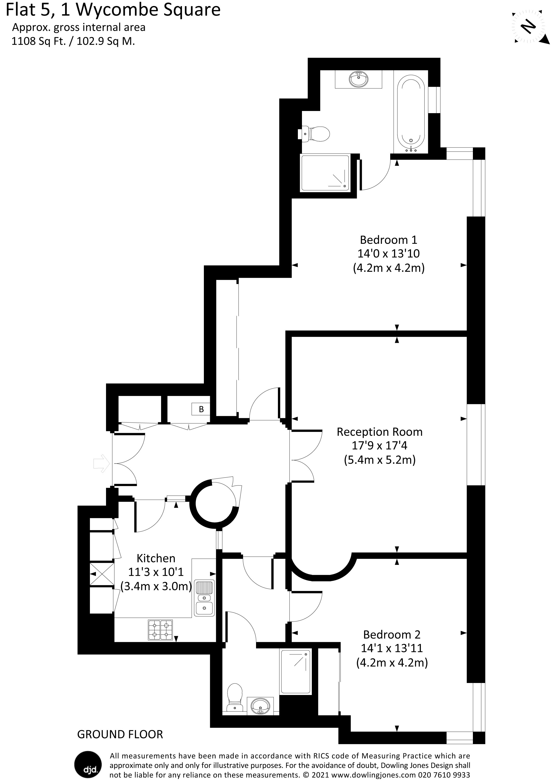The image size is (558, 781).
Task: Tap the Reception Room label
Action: coord(379,432)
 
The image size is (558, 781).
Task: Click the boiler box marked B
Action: coord(201,409)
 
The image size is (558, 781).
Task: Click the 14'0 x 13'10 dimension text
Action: coord(388,253)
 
